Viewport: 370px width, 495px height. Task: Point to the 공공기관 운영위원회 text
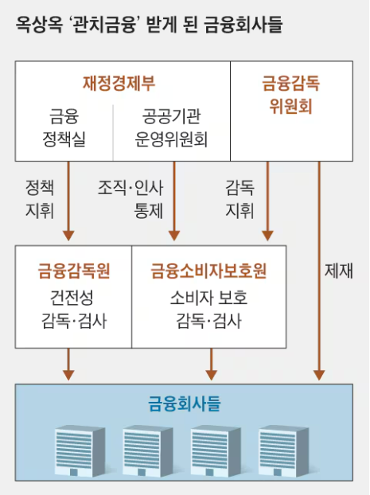coord(172,130)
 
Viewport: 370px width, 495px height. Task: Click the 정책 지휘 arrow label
coord(39,199)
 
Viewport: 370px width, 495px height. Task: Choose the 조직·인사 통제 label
coord(130,199)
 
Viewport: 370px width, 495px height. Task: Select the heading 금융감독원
coord(73,271)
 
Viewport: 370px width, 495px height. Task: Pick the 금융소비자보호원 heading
coord(208,271)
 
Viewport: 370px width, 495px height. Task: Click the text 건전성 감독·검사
coord(73,310)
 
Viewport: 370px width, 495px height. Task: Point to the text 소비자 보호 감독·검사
coord(208,310)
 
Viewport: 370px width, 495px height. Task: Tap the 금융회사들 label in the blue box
coord(185,403)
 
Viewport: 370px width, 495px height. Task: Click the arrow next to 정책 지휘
coord(68,199)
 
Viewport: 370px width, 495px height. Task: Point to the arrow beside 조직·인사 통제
coord(173,199)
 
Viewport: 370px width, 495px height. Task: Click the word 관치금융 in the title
coord(111,25)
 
